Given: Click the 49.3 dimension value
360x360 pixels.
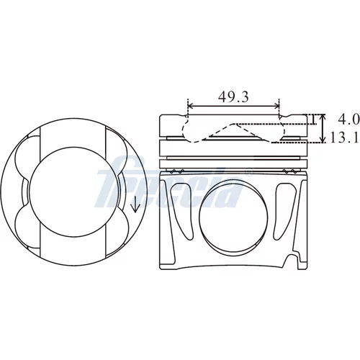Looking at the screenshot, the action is pyautogui.click(x=233, y=96).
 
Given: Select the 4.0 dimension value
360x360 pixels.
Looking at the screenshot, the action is pyautogui.click(x=348, y=120).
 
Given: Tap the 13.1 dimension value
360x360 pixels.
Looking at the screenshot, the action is pyautogui.click(x=344, y=138).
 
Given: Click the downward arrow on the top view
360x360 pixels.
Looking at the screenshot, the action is pyautogui.click(x=135, y=204).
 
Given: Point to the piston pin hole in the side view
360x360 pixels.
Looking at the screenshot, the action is pyautogui.click(x=233, y=217).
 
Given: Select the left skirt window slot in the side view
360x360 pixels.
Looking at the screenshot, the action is pyautogui.click(x=180, y=212).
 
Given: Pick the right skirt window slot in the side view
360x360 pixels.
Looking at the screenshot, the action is pyautogui.click(x=285, y=212).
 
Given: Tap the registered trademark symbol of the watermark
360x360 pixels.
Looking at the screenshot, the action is pyautogui.click(x=250, y=172).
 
